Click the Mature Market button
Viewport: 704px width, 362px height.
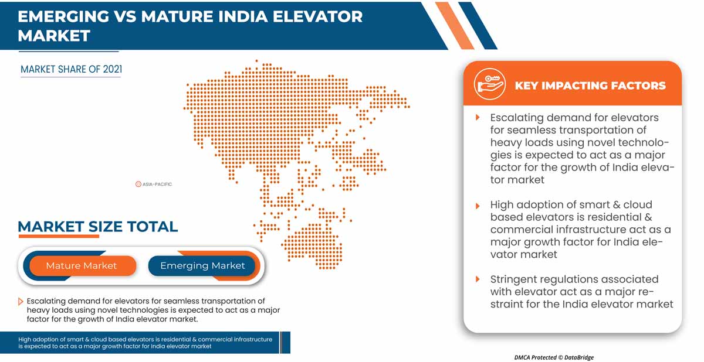coord(82,265)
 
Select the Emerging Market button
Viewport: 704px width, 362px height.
coord(202,265)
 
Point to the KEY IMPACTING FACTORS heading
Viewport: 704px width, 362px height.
coord(590,86)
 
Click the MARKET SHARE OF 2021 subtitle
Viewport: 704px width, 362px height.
coord(71,69)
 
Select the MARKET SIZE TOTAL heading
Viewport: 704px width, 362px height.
coord(97,227)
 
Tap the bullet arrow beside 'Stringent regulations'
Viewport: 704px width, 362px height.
coord(478,279)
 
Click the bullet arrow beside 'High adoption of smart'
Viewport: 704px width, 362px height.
coord(478,205)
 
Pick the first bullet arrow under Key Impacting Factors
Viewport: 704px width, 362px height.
coord(478,118)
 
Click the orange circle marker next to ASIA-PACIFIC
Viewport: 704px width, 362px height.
coord(138,184)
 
